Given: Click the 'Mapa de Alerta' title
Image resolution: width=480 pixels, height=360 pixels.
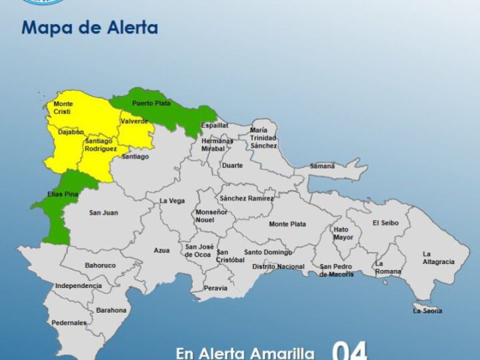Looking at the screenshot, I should click(89, 27).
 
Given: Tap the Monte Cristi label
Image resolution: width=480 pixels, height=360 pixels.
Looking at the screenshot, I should click(63, 108).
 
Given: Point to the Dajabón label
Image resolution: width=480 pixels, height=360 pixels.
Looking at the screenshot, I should click(71, 132).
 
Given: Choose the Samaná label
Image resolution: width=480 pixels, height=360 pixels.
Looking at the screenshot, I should click(322, 165).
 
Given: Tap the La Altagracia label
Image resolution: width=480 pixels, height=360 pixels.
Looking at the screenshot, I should click(438, 257).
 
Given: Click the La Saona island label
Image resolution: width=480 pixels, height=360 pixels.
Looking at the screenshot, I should click(427, 311).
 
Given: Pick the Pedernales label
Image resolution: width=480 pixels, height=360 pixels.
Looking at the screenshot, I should click(69, 323).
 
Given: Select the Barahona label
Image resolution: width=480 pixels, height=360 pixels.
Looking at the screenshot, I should click(111, 310).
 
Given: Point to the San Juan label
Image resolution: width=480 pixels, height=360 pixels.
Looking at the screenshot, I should click(103, 213).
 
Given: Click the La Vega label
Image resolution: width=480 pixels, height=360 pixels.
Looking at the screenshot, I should click(172, 201).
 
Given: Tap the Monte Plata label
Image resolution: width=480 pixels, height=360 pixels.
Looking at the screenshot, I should click(288, 224).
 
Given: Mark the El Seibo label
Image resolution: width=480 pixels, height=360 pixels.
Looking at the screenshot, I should click(385, 223).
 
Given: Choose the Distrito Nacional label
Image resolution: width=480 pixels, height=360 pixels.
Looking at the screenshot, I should click(278, 267).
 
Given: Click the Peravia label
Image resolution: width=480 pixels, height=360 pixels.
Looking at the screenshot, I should click(216, 288).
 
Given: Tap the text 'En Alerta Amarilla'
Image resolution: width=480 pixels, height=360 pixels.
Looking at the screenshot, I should click(245, 353).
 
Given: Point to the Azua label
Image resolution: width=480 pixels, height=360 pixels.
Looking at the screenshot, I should click(161, 250).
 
